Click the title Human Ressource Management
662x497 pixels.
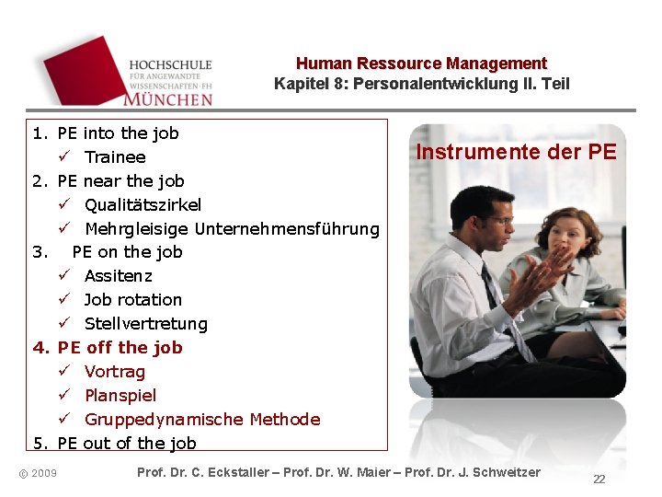(x=421, y=64)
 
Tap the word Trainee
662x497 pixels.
(x=115, y=157)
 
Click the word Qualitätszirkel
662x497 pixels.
(x=143, y=204)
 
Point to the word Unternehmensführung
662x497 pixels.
(x=287, y=228)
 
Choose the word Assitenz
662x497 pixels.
(x=119, y=276)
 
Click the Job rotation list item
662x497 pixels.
(x=132, y=300)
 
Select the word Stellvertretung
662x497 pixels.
(x=145, y=324)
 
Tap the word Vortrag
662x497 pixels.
(x=115, y=372)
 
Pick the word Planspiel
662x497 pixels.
(x=120, y=396)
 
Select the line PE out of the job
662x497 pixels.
(x=126, y=444)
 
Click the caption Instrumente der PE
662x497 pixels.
(x=516, y=152)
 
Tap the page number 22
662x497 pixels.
(x=599, y=480)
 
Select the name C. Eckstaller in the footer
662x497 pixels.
(x=224, y=472)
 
